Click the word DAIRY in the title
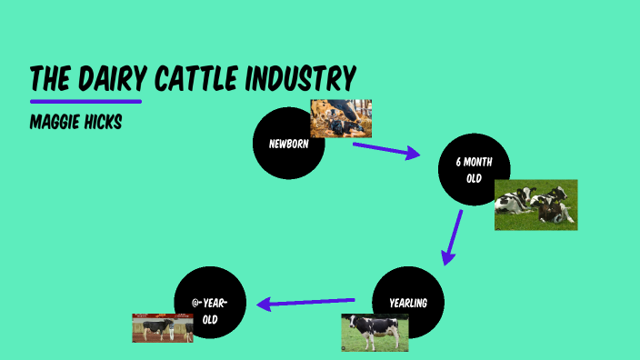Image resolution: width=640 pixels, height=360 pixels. click(x=112, y=79)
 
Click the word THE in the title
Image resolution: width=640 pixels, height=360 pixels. click(x=52, y=79)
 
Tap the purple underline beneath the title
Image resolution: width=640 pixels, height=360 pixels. click(x=85, y=100)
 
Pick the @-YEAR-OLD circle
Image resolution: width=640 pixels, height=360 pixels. click(x=210, y=303)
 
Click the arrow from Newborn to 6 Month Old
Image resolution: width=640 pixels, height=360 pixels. click(x=386, y=150)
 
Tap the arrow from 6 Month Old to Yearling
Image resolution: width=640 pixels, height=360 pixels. click(x=452, y=237)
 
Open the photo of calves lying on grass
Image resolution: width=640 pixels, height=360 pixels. click(x=535, y=205)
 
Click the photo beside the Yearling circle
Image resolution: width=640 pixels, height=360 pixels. click(x=375, y=333)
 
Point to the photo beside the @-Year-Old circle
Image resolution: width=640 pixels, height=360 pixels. click(x=163, y=328)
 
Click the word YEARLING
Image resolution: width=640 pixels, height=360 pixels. click(x=408, y=303)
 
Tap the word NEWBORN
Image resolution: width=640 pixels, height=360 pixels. click(x=287, y=144)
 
